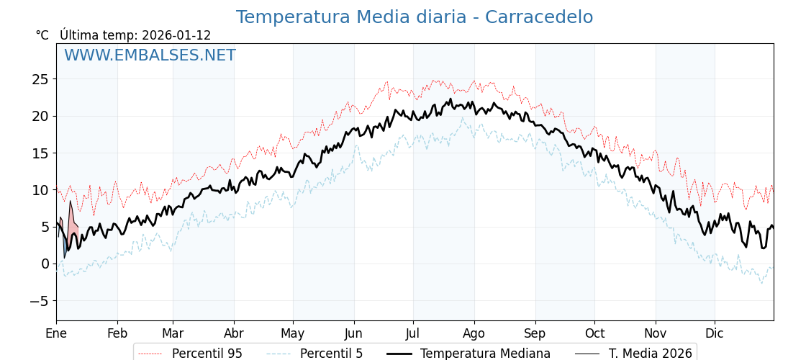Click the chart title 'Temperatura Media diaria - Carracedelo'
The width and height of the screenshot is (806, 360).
tap(415, 17)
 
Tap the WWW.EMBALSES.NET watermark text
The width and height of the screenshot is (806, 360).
tap(150, 55)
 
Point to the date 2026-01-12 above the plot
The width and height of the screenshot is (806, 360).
tap(176, 35)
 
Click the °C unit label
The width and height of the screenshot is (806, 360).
tap(42, 35)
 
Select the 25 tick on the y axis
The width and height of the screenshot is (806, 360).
tap(40, 79)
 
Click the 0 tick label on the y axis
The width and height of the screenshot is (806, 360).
tap(45, 264)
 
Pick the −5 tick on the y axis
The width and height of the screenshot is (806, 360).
tap(40, 301)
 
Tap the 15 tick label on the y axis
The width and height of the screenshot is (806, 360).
tap(40, 153)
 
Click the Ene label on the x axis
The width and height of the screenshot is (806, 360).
tap(56, 333)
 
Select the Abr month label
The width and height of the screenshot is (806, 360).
tap(234, 333)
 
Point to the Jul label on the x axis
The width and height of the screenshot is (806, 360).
tap(413, 333)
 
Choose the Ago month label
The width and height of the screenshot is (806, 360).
tap(474, 333)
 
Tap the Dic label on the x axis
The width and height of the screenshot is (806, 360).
tap(715, 333)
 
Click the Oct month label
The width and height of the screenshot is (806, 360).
tap(594, 333)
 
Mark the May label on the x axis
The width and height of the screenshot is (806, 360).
tap(293, 333)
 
